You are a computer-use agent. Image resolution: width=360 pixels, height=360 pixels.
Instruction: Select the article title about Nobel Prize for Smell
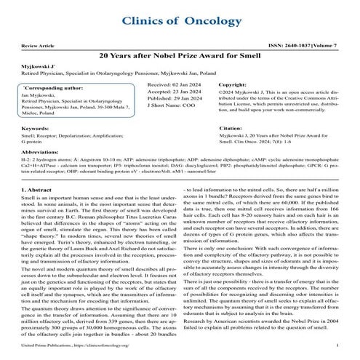click(180, 55)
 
